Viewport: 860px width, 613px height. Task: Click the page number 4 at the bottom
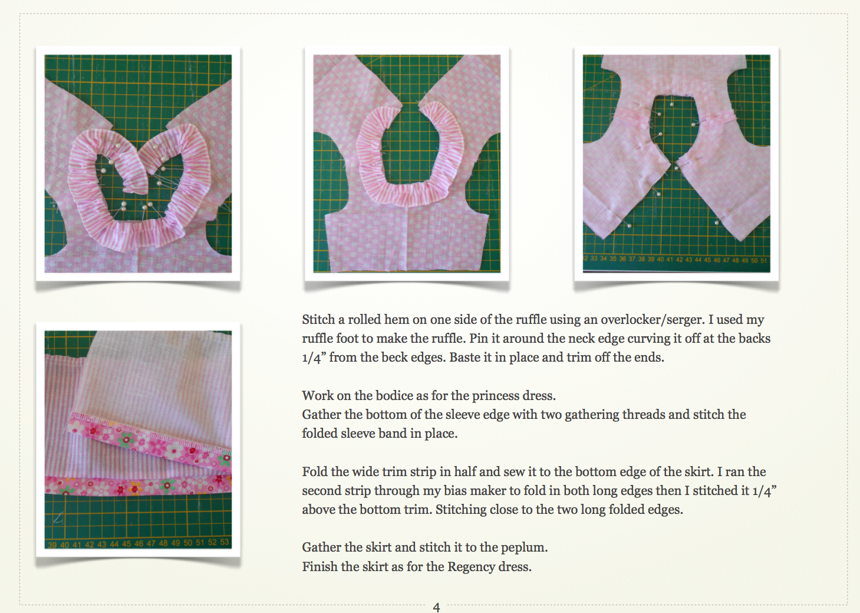coord(436,607)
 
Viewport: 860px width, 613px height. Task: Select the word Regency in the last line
coord(471,567)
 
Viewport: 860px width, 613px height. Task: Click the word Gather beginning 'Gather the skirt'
coord(322,548)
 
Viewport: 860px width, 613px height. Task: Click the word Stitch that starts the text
coord(318,320)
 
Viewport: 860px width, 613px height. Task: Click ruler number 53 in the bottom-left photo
coord(225,543)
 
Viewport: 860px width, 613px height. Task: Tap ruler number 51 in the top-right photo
coord(764,260)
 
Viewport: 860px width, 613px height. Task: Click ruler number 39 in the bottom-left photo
coord(52,545)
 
